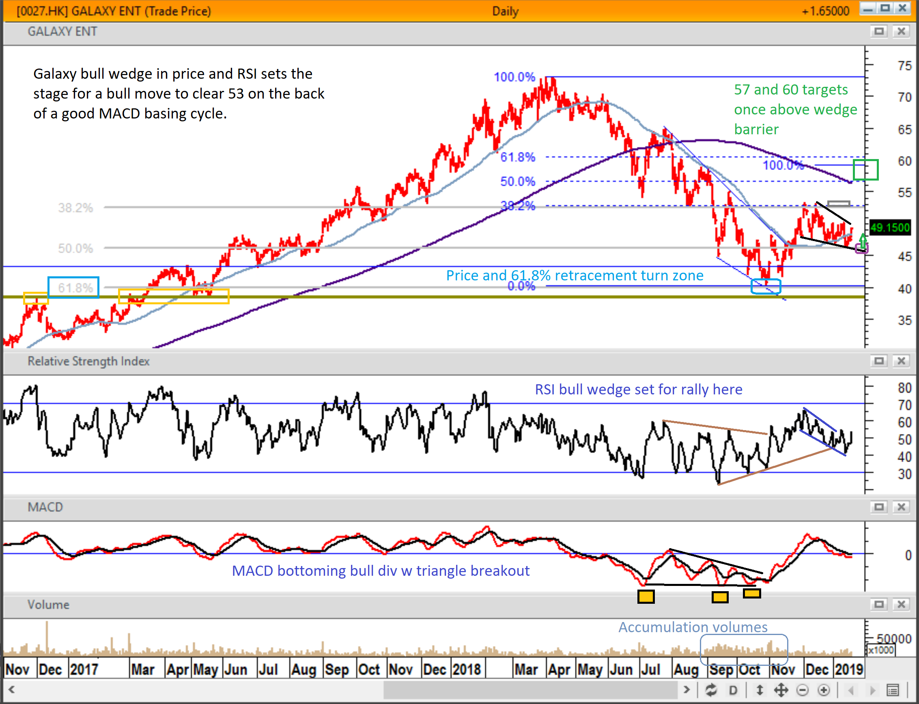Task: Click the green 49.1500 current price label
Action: (x=890, y=228)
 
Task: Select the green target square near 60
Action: (x=865, y=170)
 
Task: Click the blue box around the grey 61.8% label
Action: (x=73, y=287)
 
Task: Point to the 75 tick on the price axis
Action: (x=904, y=66)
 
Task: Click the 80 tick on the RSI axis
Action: (x=904, y=388)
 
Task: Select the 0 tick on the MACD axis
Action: (x=908, y=555)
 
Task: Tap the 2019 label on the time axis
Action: (x=848, y=669)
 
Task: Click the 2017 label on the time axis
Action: (x=84, y=669)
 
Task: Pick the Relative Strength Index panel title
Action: (x=88, y=361)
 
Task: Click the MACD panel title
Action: (x=45, y=507)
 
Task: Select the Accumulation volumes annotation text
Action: (x=693, y=627)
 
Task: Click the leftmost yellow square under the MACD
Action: (x=646, y=596)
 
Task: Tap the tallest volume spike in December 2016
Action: (x=47, y=637)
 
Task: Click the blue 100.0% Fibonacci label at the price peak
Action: (x=514, y=77)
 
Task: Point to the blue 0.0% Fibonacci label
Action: (x=521, y=286)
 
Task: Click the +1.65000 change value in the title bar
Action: (x=825, y=11)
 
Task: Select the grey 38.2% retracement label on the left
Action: (x=75, y=208)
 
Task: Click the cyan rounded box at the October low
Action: (x=766, y=286)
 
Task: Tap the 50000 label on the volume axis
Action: (x=894, y=639)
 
